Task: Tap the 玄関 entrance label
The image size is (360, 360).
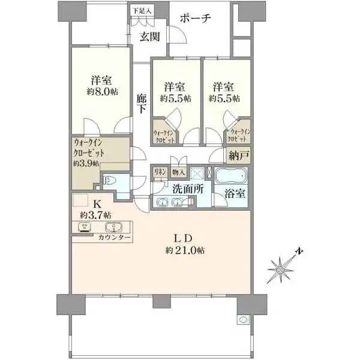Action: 149,37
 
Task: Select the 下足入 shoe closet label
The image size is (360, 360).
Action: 142,10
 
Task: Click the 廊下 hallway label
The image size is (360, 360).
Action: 142,104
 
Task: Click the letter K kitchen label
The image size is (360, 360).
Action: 97,203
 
